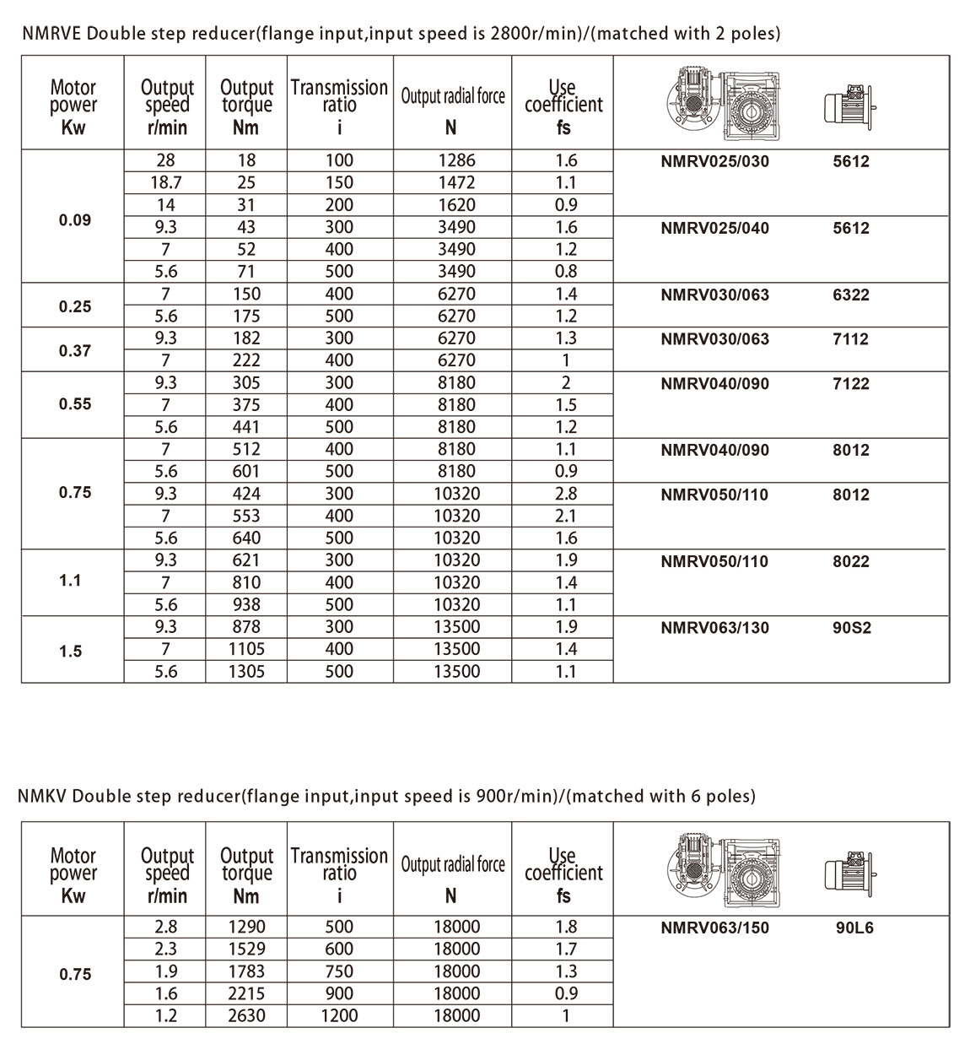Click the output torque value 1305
point(246,672)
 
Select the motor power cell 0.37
point(75,350)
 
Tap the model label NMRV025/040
point(714,228)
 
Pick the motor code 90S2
point(850,628)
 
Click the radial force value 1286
point(456,160)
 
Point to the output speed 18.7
point(165,182)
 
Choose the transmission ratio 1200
point(339,1016)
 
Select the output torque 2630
point(246,1016)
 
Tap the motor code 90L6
point(854,928)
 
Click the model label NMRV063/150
point(714,928)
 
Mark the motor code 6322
point(850,295)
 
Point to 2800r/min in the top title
point(511,34)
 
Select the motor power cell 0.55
point(75,404)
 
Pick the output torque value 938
point(246,605)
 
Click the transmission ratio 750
point(339,971)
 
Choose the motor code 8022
point(850,561)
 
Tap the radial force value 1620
point(456,205)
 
